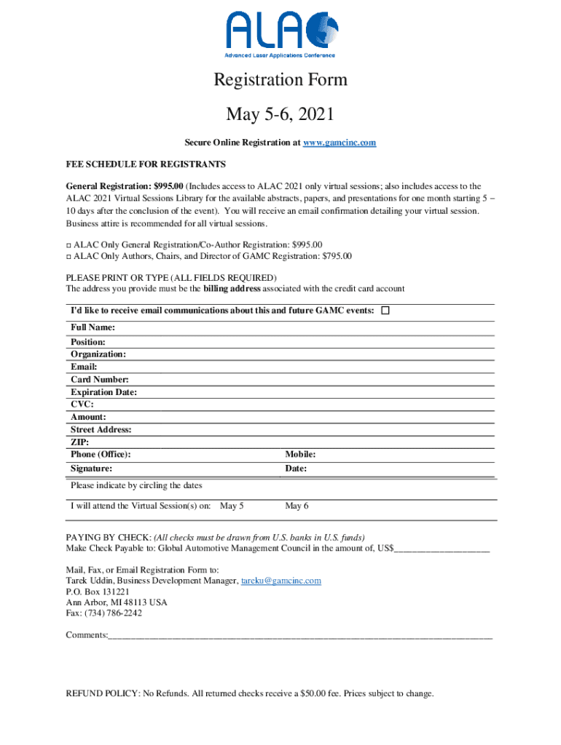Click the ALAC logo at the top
[x=280, y=34]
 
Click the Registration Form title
[x=280, y=79]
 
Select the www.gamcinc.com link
[x=340, y=143]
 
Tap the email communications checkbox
[x=385, y=311]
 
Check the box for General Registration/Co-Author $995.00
[x=68, y=245]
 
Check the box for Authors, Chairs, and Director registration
[x=68, y=256]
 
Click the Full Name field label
[x=93, y=328]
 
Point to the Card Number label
[x=100, y=380]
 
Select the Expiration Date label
[x=103, y=392]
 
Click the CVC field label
[x=82, y=405]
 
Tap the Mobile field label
[x=300, y=455]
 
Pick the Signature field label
[x=91, y=469]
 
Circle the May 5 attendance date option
[x=232, y=506]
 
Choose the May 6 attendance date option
[x=297, y=506]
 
